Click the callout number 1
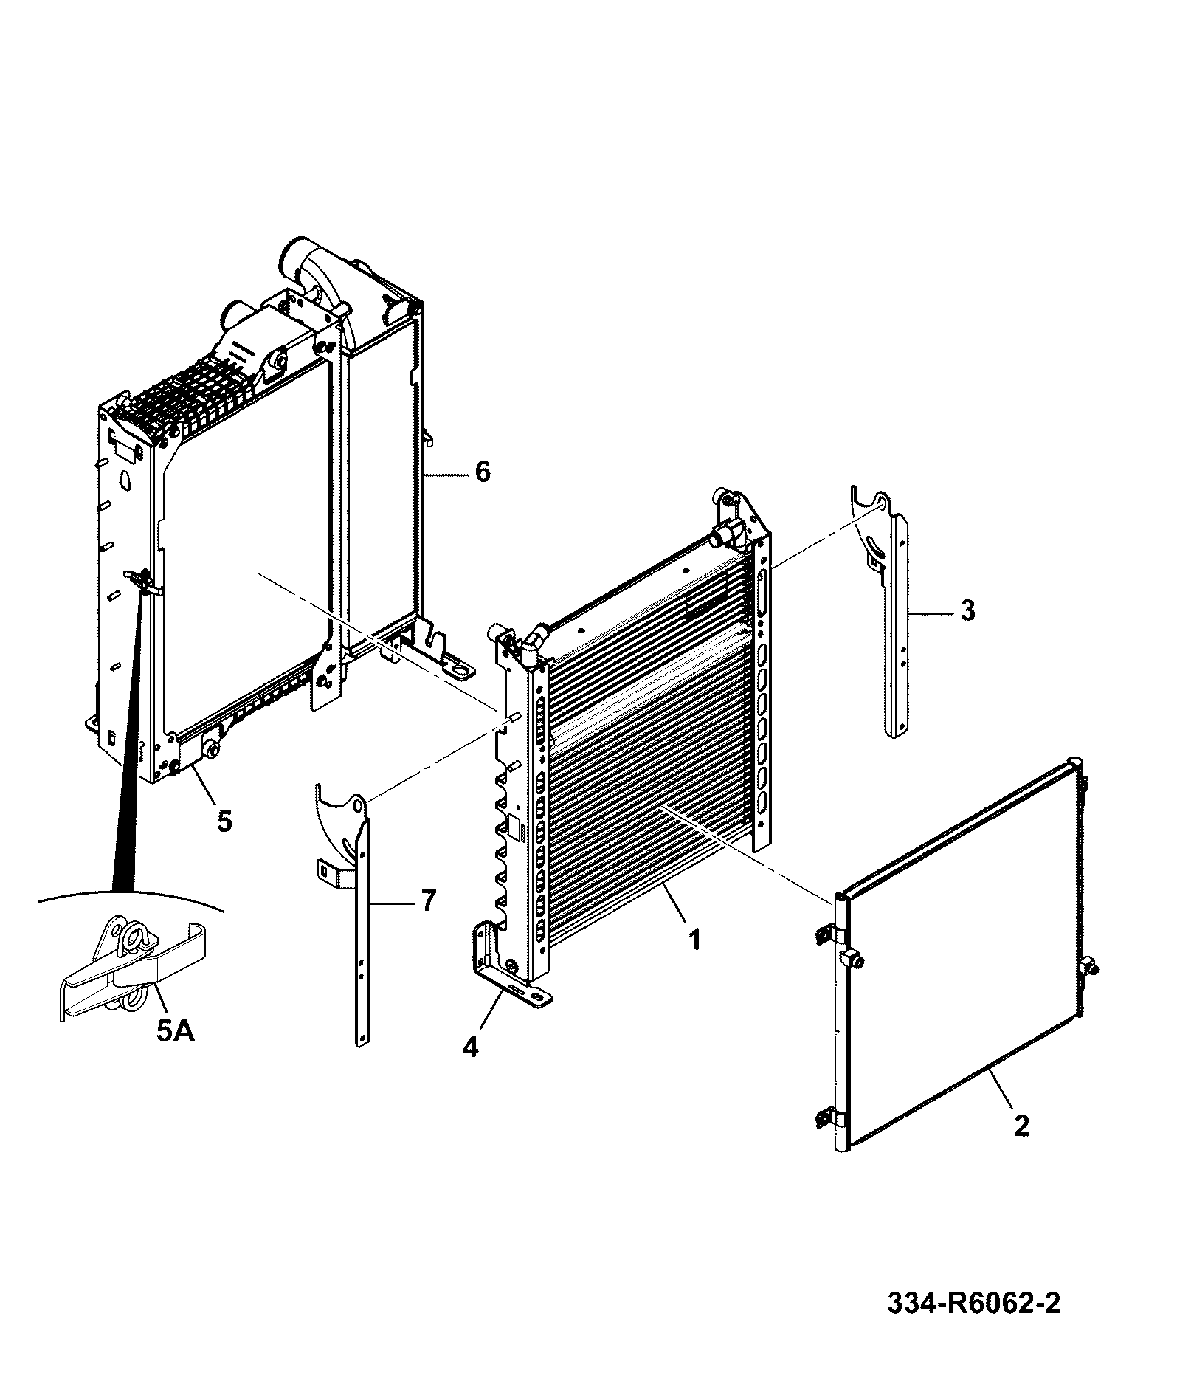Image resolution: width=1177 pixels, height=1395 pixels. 694,940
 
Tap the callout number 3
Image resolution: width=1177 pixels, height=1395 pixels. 967,610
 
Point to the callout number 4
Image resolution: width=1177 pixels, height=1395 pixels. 470,1047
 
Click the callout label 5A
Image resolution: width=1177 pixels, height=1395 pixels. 176,1031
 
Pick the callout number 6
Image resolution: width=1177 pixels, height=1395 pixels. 482,471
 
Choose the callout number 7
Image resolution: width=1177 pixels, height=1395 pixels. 428,900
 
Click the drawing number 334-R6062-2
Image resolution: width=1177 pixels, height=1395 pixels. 973,1303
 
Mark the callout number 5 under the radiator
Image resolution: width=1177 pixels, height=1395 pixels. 224,820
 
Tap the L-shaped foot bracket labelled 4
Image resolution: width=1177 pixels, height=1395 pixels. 509,967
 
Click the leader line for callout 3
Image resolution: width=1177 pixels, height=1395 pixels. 931,612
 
